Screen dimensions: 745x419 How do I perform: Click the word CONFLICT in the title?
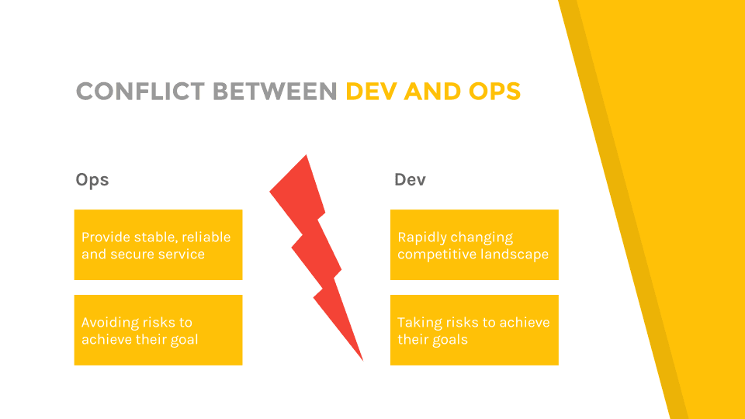pyautogui.click(x=140, y=92)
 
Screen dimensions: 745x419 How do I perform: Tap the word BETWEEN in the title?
pyautogui.click(x=275, y=92)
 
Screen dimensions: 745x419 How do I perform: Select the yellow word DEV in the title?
pyautogui.click(x=371, y=92)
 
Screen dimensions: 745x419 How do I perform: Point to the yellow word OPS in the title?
pyautogui.click(x=494, y=92)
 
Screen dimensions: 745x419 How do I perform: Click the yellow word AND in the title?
pyautogui.click(x=432, y=92)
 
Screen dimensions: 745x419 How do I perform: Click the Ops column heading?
pyautogui.click(x=92, y=180)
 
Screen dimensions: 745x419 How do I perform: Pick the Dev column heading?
pyautogui.click(x=410, y=179)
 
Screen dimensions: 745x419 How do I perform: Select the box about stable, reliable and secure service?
pyautogui.click(x=158, y=244)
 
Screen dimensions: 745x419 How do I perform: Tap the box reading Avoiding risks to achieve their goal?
pyautogui.click(x=158, y=331)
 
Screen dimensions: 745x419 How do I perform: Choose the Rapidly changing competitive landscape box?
pyautogui.click(x=474, y=244)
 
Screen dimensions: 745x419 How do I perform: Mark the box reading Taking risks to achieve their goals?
pyautogui.click(x=474, y=331)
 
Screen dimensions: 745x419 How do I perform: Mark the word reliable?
pyautogui.click(x=206, y=237)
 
